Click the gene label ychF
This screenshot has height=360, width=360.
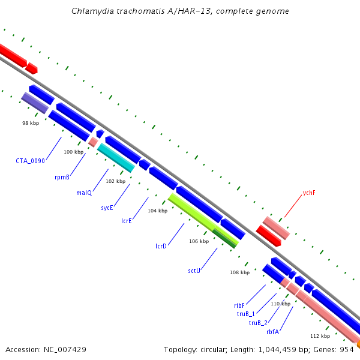[x=309, y=193]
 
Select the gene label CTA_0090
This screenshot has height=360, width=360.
[x=31, y=161]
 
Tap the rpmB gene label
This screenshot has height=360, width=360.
[x=62, y=177]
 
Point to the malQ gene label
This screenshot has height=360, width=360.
[x=84, y=193]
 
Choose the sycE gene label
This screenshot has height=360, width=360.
[x=107, y=208]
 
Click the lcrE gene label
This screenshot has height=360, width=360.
[x=127, y=221]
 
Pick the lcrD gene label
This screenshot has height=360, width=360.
[x=161, y=246]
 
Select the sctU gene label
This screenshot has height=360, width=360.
[x=194, y=271]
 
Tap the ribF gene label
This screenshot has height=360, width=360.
[x=239, y=305]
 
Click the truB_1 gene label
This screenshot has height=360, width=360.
[x=246, y=314]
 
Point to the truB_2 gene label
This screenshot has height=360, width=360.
[x=258, y=323]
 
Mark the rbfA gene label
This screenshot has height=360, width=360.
[x=273, y=332]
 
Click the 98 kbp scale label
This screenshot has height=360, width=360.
[x=31, y=123]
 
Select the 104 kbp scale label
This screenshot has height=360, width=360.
[x=158, y=211]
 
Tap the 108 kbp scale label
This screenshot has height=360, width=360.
[x=240, y=272]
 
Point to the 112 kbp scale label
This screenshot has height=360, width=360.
[x=320, y=336]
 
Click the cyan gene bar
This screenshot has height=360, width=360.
[x=116, y=158]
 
